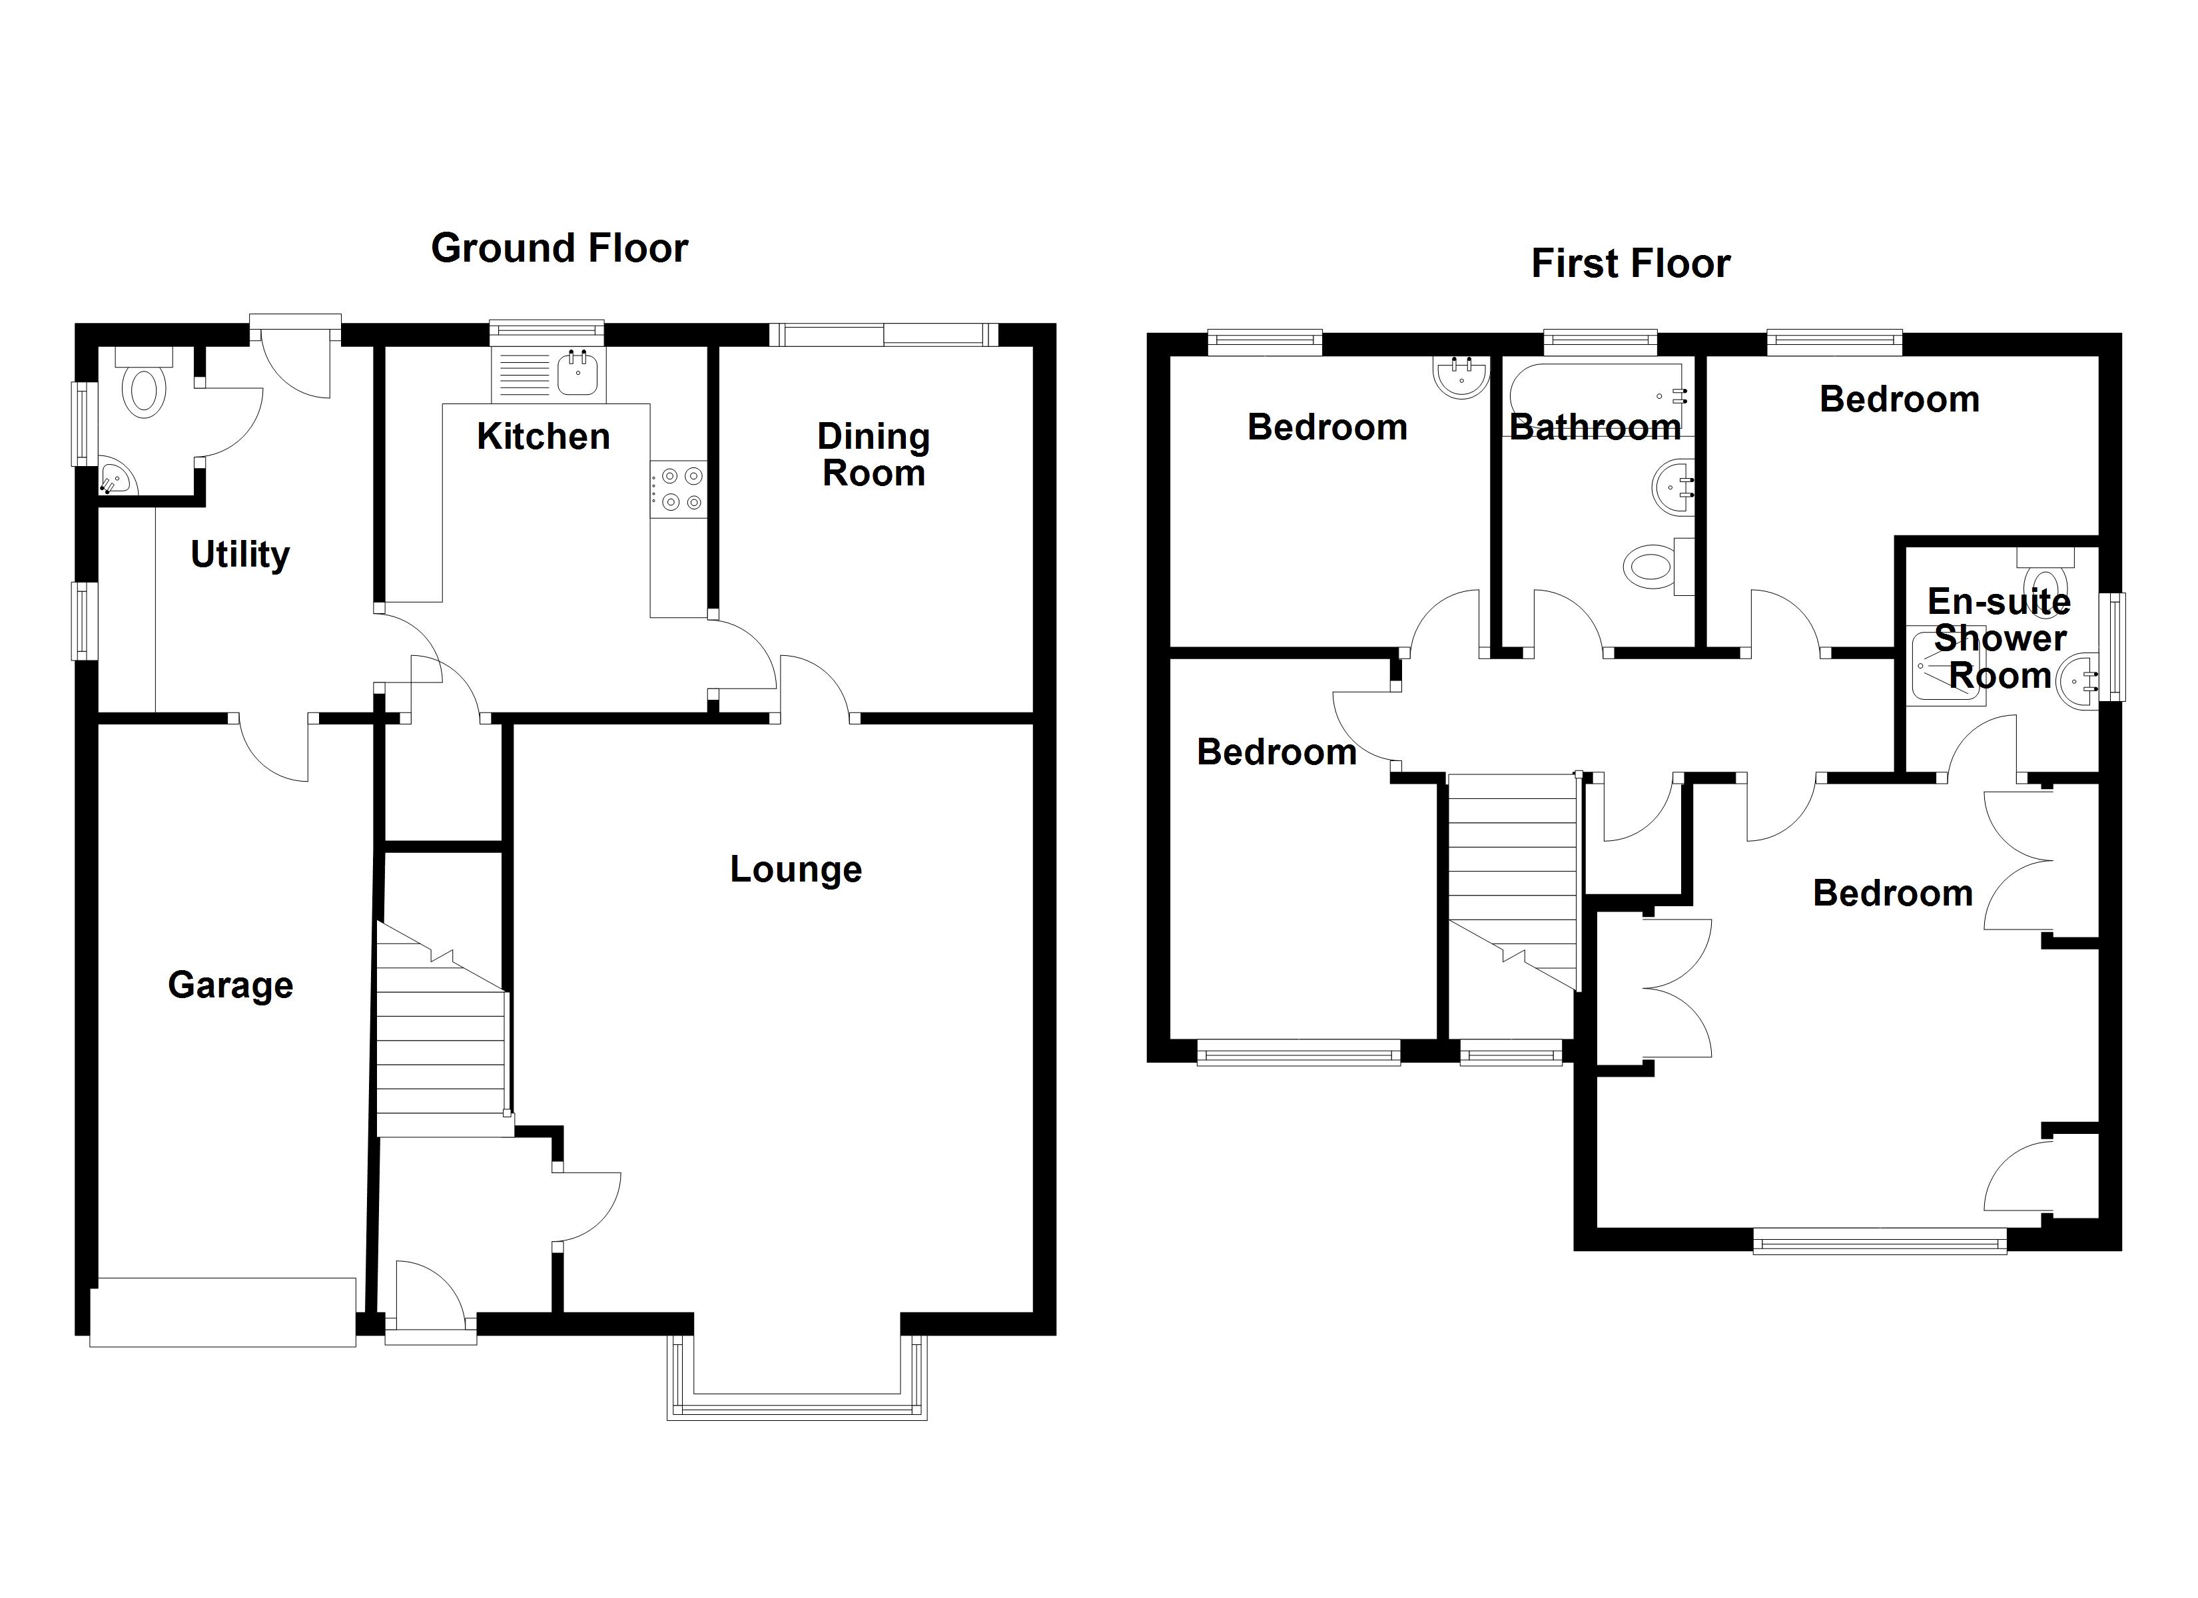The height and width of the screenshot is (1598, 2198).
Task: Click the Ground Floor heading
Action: click(x=559, y=249)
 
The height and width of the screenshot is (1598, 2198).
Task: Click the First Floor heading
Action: click(x=1631, y=264)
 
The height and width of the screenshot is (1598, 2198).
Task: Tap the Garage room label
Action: click(x=230, y=985)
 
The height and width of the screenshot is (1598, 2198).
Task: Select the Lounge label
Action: click(x=796, y=870)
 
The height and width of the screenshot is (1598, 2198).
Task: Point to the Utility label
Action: click(x=240, y=555)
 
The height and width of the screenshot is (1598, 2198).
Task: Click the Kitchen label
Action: click(x=544, y=436)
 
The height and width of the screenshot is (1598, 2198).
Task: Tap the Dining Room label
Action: click(x=873, y=455)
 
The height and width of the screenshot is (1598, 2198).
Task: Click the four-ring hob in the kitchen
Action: click(x=680, y=489)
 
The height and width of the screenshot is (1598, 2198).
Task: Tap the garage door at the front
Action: click(x=223, y=1312)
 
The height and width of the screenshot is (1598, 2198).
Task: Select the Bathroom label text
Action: click(x=1595, y=427)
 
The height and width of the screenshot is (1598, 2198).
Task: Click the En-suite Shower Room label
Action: click(x=2000, y=639)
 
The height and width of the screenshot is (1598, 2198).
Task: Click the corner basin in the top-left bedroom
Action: click(x=1461, y=377)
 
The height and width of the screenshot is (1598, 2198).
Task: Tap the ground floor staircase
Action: click(x=442, y=1029)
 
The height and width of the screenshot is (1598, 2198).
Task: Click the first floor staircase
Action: click(x=1513, y=881)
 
